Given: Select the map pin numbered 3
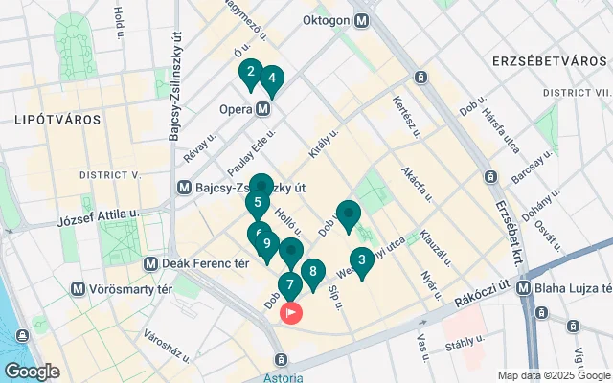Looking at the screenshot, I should [x=361, y=259].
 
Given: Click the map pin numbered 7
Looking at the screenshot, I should [x=289, y=285].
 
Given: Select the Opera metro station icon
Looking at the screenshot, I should [x=262, y=109].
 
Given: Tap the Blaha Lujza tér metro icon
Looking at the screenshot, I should [x=524, y=287].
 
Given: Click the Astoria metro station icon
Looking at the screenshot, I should [x=281, y=360].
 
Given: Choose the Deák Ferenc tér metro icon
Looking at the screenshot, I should [x=150, y=263].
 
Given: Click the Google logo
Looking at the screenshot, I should [x=32, y=372].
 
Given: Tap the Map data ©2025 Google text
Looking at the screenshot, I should [x=553, y=375].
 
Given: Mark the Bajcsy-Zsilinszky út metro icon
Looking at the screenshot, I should [x=185, y=188].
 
